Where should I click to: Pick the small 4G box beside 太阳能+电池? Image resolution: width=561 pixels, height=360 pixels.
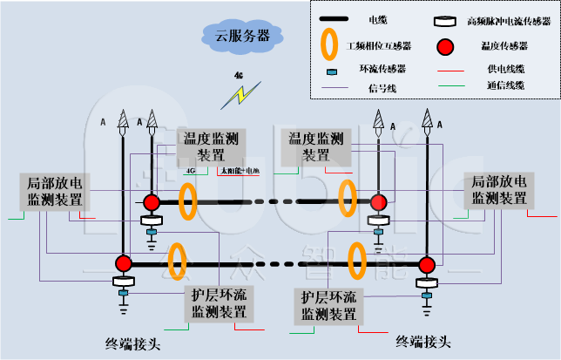coord(191,171)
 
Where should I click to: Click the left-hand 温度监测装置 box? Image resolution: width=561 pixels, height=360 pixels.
coord(212,146)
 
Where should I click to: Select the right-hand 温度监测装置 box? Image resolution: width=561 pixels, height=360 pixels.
coord(315,147)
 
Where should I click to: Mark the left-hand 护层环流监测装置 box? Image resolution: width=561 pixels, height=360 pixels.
coord(219,302)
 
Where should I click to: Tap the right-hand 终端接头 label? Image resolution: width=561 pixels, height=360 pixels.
coord(425,341)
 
